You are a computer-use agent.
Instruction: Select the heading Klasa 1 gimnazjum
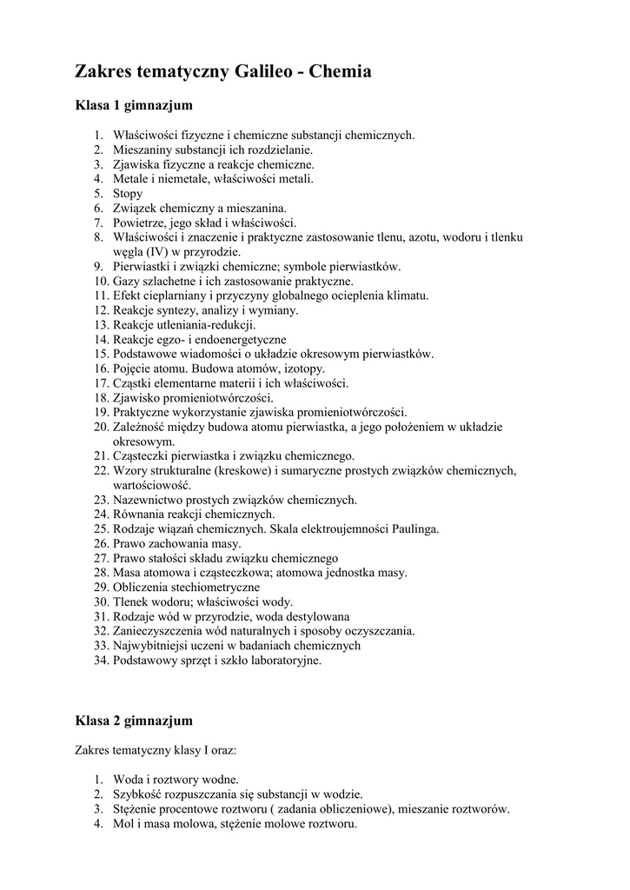point(134,106)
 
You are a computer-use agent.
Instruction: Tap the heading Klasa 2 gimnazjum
point(134,721)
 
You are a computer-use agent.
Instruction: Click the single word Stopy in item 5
point(128,194)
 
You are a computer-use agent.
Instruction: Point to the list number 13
point(101,325)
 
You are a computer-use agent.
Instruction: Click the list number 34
point(101,661)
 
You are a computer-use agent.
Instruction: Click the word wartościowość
point(152,485)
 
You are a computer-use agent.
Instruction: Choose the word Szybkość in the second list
point(138,794)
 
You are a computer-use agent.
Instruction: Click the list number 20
point(101,427)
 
